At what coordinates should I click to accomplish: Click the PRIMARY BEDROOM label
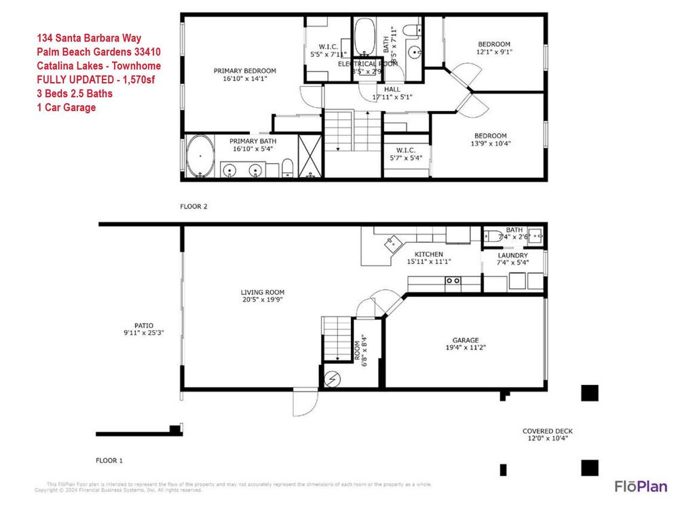click(244, 71)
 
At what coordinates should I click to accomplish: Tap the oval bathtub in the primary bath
click(200, 157)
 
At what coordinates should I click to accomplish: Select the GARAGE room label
click(466, 340)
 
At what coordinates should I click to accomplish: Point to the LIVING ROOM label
click(263, 292)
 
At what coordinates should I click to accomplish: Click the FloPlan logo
click(640, 486)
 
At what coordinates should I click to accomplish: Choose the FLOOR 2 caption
click(193, 206)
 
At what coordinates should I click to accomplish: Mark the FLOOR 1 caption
click(109, 460)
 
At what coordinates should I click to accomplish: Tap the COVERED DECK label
click(548, 431)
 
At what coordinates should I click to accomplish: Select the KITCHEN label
click(429, 254)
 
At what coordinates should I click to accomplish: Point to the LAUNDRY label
click(512, 256)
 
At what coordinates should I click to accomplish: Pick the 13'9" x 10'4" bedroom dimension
click(492, 143)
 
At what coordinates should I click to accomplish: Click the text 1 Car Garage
click(67, 107)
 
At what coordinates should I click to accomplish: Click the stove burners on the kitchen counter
click(453, 280)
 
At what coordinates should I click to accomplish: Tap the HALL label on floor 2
click(392, 89)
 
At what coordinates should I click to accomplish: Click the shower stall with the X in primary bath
click(309, 156)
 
